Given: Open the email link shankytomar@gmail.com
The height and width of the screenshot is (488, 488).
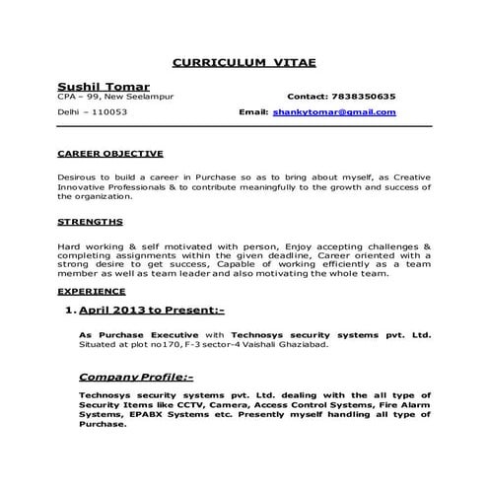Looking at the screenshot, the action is (334, 112).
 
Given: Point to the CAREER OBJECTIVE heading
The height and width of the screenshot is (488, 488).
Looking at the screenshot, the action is (109, 154).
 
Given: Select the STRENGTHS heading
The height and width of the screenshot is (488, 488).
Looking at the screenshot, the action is (91, 222).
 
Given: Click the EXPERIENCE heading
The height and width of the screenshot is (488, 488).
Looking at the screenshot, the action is (92, 292).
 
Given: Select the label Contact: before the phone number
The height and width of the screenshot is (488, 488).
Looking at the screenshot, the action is (311, 97).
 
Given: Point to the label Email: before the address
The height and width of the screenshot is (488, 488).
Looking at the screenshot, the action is (253, 112).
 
